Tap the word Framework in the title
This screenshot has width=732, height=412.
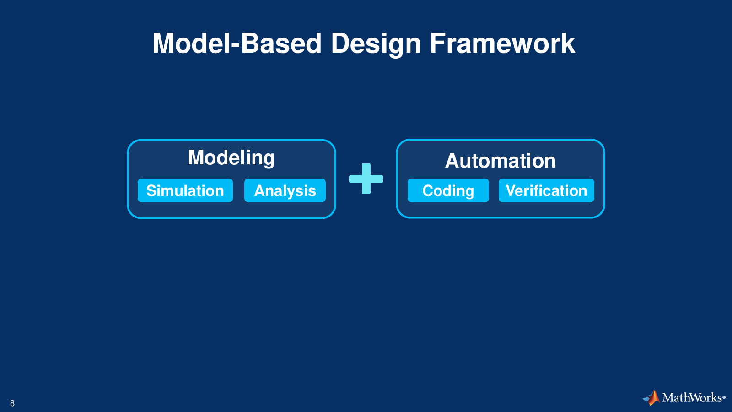pos(502,43)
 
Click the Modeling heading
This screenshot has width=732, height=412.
pos(231,158)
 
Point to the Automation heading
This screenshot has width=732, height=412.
pos(501,161)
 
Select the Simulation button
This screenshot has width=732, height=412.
pos(185,190)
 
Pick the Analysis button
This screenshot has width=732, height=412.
pos(285,190)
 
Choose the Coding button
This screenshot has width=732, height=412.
pos(448,190)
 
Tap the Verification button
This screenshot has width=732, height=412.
pos(546,190)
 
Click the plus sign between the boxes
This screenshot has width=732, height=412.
pos(366,179)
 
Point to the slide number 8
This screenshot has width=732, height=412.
pos(12,403)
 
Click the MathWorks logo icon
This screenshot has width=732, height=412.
pos(651,398)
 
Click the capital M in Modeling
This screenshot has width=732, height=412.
pos(196,157)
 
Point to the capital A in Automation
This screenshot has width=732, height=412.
pos(452,161)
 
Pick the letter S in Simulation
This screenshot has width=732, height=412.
pos(151,190)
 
